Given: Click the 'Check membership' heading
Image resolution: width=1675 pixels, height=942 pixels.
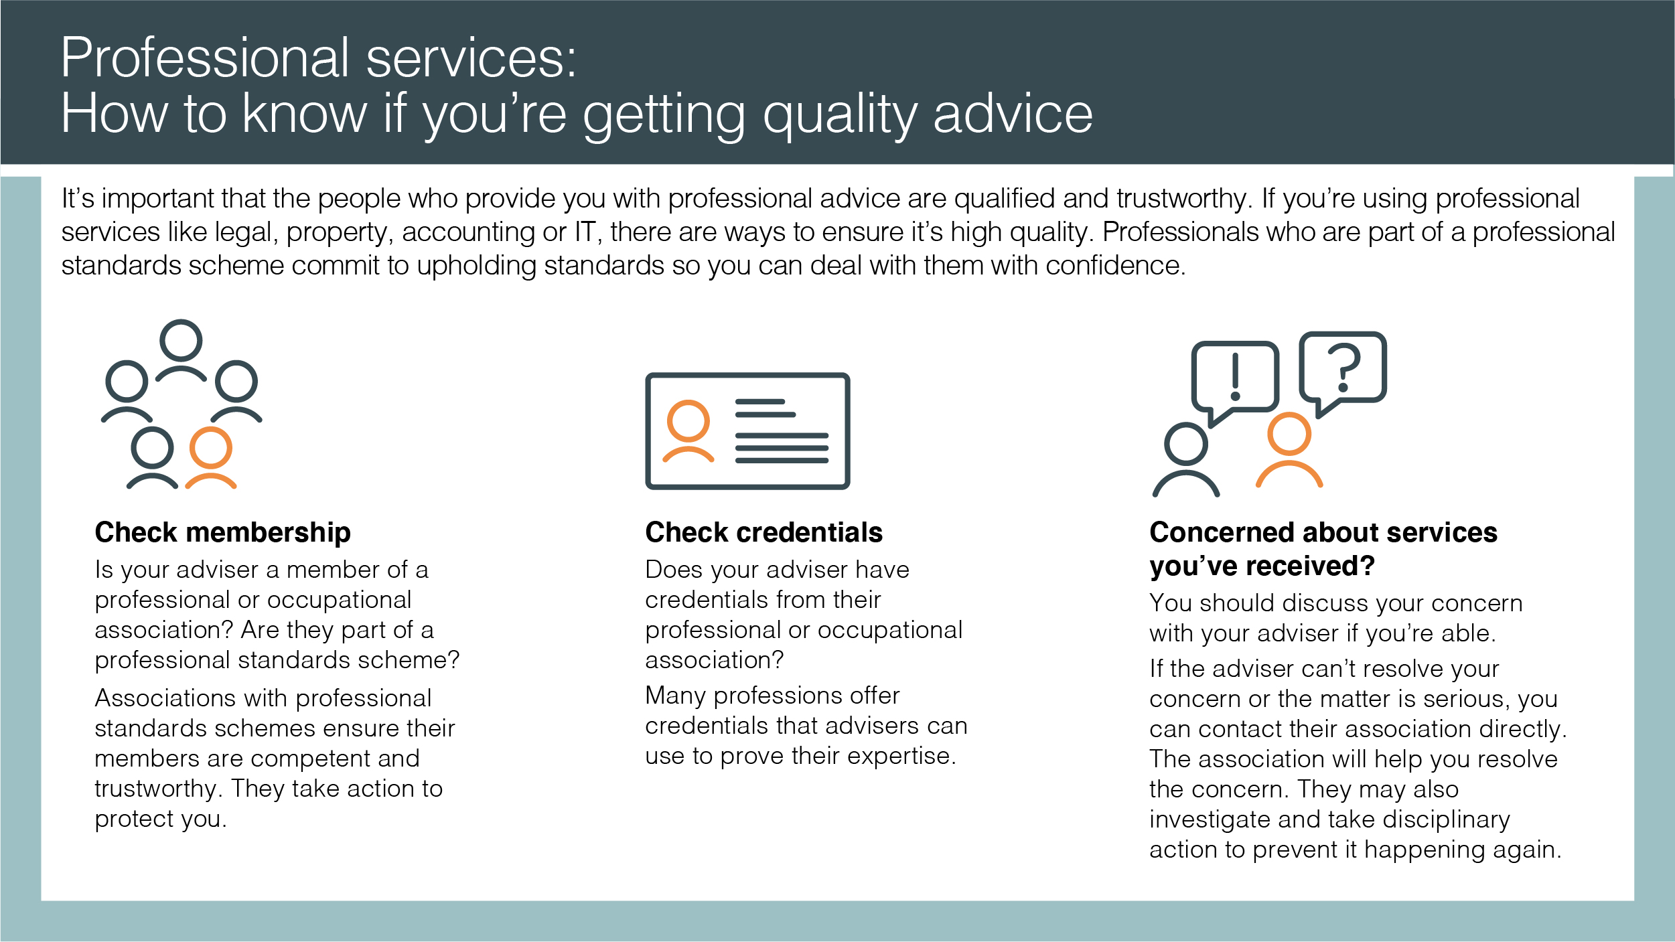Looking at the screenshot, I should click(x=222, y=533).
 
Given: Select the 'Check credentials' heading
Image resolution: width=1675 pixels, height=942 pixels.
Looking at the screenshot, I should click(x=763, y=533).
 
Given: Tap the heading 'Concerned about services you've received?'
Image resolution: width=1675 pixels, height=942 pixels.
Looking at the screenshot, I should click(x=1323, y=549).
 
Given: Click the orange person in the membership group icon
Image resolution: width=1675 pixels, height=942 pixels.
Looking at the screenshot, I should click(x=211, y=458).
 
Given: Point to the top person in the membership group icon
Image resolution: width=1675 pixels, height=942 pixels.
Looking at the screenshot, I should click(x=181, y=351).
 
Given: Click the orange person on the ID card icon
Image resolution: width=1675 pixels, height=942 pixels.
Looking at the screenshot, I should click(x=688, y=431).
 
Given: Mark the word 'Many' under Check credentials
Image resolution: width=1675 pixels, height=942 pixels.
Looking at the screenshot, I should click(x=674, y=696).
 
